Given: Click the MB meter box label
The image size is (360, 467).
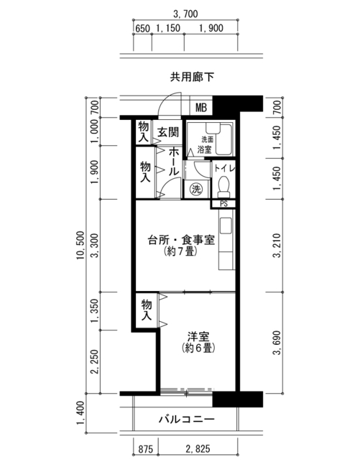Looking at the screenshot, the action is pos(201,107).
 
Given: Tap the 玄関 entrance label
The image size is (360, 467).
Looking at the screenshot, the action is pos(168,132).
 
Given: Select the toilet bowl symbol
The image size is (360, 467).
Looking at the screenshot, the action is pos(223,187).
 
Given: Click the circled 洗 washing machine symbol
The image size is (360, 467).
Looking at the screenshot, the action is pos(196,189).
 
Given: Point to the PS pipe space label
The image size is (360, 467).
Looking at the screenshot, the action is pos(223,204).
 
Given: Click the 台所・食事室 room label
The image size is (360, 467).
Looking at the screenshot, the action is pos(181,240).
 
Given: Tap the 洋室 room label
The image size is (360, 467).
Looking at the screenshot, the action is pos(198,337).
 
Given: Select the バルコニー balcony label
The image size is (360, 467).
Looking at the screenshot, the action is pos(186,420).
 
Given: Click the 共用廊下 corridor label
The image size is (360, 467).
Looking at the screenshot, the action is pos(192,78).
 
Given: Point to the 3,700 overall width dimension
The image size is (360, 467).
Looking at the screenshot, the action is pos(185,14).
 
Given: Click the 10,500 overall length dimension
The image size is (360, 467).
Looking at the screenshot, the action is pos(80,245).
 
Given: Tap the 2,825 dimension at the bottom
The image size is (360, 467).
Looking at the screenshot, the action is pos(198,448).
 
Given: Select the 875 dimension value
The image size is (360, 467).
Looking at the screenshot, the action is pos(146,448).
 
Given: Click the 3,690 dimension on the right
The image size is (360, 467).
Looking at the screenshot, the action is pos(277,343).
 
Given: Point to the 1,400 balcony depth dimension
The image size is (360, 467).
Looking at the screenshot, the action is pos(80,413).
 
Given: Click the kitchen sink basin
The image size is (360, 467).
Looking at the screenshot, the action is pos(226,226).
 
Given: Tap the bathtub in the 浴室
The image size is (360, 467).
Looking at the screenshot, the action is pos(223,139).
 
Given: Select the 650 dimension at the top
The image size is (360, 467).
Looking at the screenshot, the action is pos(142,28).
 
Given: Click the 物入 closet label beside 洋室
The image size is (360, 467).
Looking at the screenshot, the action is pos(146,310).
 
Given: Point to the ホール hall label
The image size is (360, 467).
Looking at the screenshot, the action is pos(174,161).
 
